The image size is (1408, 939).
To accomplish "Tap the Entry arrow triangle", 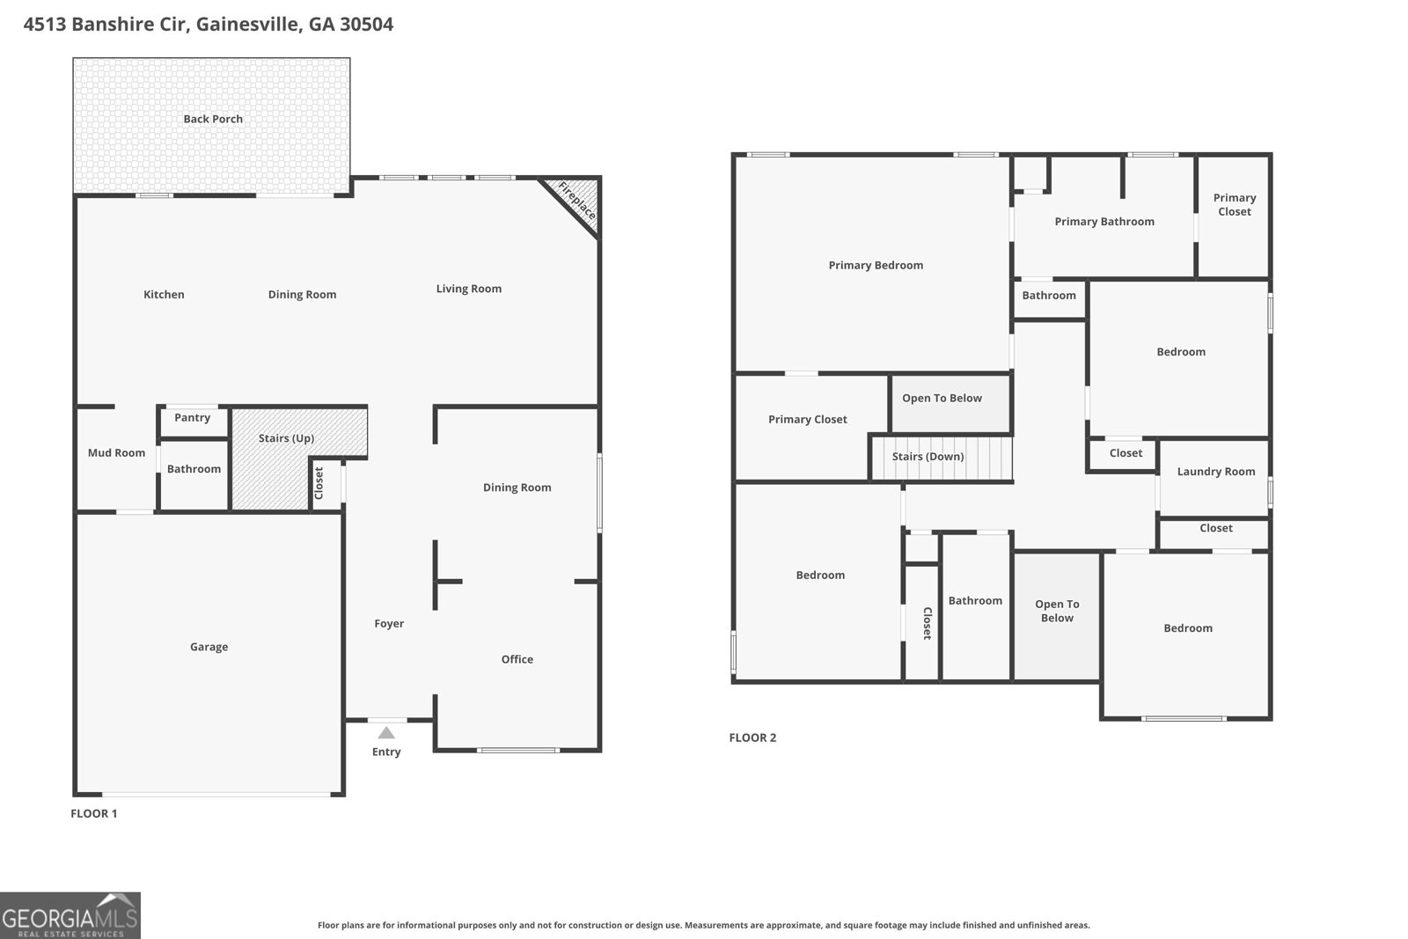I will click(386, 732).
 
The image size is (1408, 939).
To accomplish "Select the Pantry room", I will click(193, 418).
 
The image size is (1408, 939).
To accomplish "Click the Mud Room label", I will click(116, 453).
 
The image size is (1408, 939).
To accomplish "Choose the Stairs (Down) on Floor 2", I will click(928, 457).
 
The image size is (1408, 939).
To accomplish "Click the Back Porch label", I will click(213, 119).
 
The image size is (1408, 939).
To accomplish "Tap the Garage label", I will click(209, 647).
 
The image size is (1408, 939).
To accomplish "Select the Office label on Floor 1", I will click(517, 659).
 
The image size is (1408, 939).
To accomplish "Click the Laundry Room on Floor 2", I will click(1216, 472).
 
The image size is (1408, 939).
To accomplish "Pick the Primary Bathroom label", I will click(1104, 222).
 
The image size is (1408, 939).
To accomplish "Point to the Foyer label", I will click(389, 624).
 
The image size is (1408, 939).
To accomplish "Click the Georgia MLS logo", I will click(70, 915).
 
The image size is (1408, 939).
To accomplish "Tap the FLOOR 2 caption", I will click(752, 737).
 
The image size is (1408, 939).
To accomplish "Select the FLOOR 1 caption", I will click(93, 813).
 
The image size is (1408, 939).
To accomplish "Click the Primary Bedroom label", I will click(876, 265).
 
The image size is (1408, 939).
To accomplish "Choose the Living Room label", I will click(469, 289).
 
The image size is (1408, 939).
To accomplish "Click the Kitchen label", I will click(164, 295).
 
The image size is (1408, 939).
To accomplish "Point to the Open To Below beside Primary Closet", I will click(942, 399).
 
